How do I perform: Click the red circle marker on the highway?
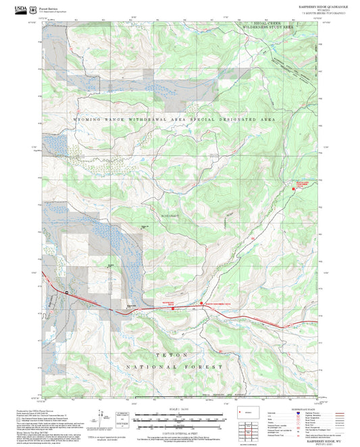(201, 303)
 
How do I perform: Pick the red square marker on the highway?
(173, 307)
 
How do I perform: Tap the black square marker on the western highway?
(67, 292)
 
